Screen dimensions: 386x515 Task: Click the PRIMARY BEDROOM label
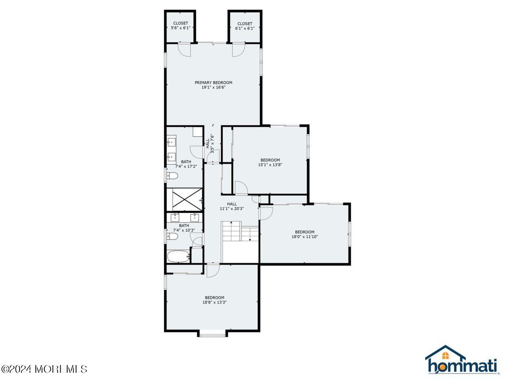(213, 82)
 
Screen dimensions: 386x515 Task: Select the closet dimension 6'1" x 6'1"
(245, 28)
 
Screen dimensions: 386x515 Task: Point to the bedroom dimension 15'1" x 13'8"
(270, 164)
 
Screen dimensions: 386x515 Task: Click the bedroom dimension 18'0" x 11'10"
(305, 237)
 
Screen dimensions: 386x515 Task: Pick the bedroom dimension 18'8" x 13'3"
(214, 302)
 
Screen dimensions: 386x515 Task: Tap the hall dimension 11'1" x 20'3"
(232, 209)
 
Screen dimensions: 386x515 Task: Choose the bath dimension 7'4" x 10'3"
(184, 230)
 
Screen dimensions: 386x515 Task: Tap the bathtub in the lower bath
(177, 257)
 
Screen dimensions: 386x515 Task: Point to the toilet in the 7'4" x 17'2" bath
(173, 176)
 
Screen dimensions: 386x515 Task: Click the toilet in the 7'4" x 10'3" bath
(173, 237)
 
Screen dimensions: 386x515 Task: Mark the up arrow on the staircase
(231, 223)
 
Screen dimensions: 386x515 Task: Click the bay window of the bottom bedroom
(212, 334)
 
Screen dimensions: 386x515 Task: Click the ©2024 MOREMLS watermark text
(44, 369)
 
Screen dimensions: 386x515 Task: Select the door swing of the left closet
(184, 49)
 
